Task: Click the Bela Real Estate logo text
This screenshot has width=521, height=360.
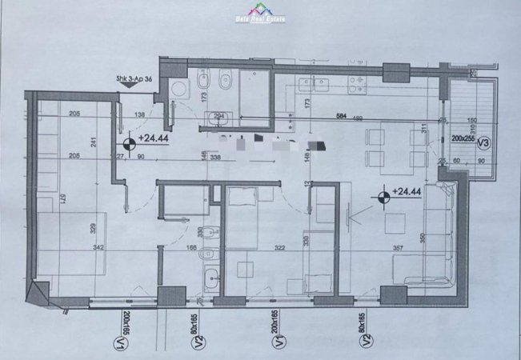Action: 260,15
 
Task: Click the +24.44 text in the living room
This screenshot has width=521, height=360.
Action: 408,192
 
